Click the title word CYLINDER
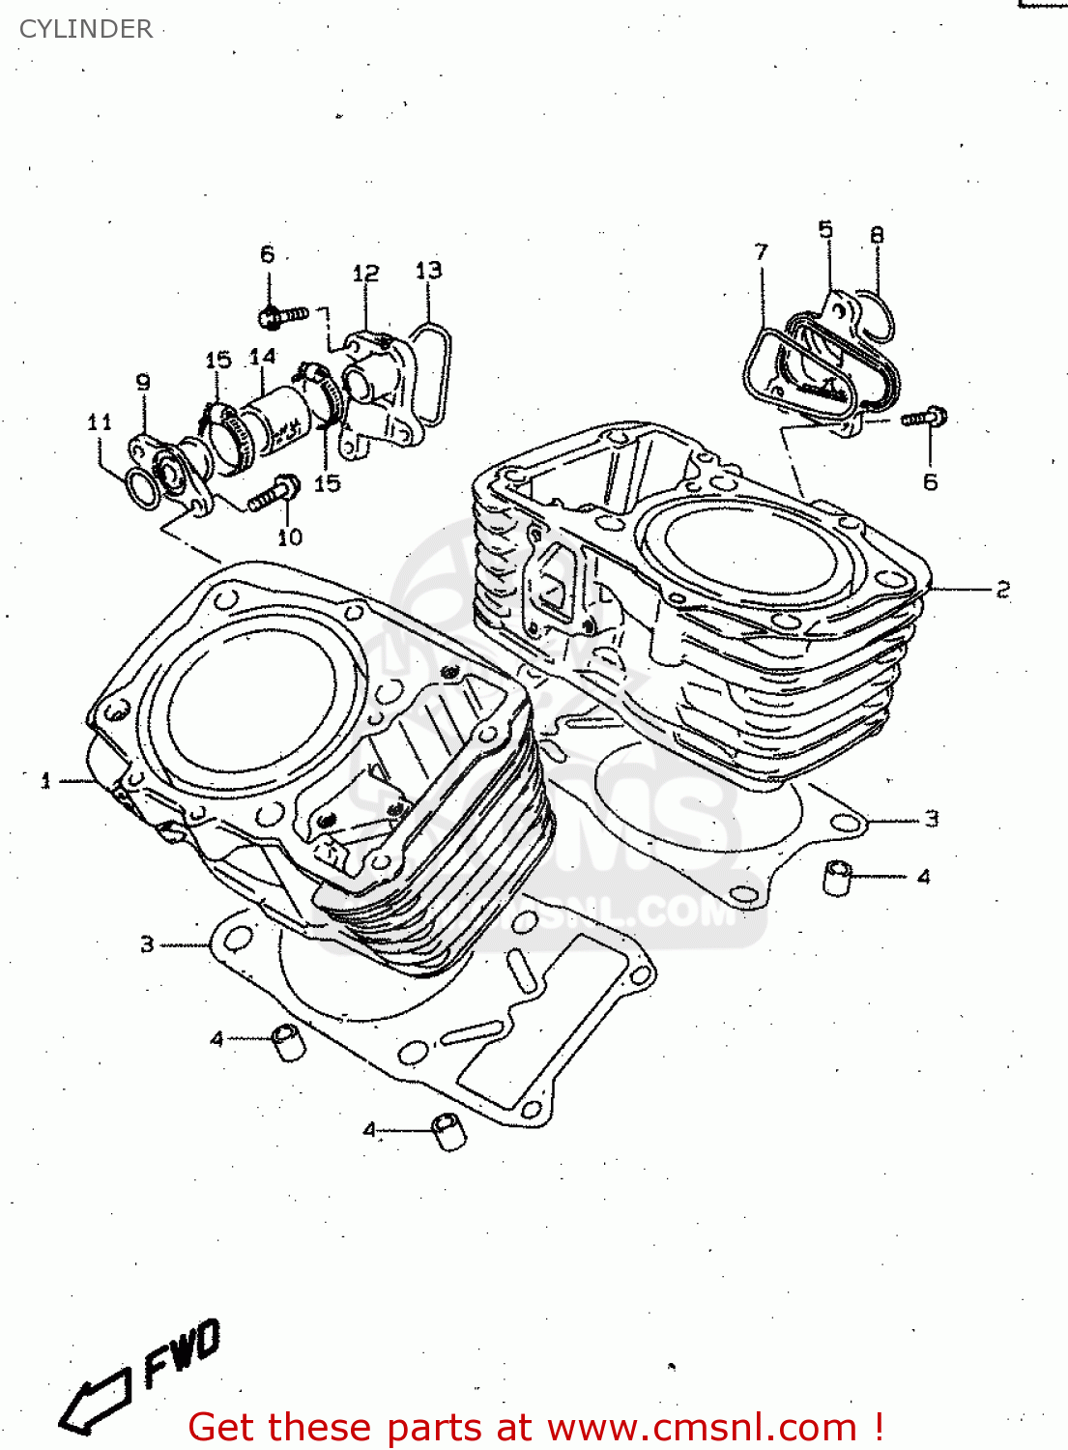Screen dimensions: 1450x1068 (86, 29)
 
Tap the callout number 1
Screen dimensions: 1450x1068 (45, 780)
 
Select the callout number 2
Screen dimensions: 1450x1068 (1003, 589)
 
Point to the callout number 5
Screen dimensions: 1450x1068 (825, 229)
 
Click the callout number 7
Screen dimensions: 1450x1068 (762, 252)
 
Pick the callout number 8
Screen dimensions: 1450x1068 (877, 235)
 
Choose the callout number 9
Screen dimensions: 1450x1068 (143, 382)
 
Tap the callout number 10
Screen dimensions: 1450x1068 (290, 537)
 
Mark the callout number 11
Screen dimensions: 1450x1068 (100, 421)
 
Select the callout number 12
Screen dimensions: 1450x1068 (365, 274)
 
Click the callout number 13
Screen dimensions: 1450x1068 (428, 270)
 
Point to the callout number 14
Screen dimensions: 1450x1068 (262, 357)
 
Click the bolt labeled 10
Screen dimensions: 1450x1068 (274, 494)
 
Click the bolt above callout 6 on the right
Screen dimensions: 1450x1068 (925, 418)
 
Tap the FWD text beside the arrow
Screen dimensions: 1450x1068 (183, 1352)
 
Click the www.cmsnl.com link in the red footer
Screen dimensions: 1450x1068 (703, 1427)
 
